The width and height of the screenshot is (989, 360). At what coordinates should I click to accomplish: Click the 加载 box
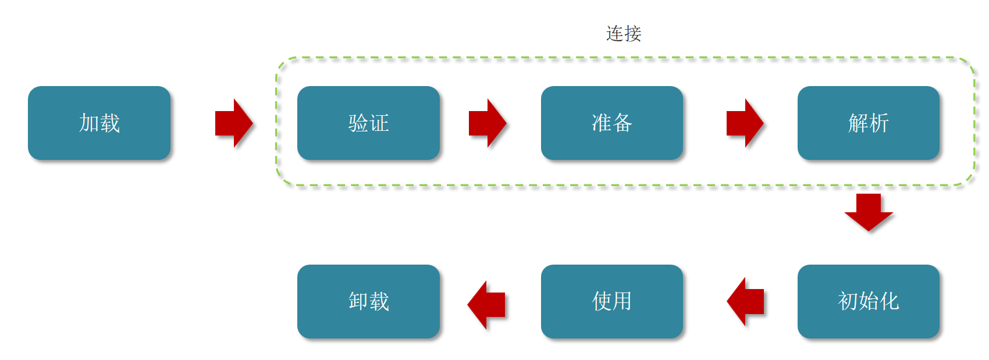(x=99, y=123)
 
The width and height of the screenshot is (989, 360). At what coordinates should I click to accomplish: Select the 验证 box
(x=369, y=123)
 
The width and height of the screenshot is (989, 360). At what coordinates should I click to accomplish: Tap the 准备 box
(x=612, y=123)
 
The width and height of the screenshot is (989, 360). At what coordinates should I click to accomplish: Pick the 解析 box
(x=869, y=123)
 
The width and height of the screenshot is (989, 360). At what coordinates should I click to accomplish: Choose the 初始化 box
(x=869, y=301)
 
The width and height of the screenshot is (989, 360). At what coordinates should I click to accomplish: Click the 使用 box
(x=612, y=301)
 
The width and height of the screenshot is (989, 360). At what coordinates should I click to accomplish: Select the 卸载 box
(x=369, y=301)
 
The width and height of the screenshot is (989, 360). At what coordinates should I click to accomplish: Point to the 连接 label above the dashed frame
(x=624, y=34)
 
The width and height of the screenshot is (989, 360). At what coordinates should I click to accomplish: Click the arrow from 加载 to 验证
(x=234, y=123)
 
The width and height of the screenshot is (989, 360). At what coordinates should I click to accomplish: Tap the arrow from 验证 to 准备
(x=488, y=123)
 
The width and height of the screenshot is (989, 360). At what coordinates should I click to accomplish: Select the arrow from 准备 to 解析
(x=745, y=123)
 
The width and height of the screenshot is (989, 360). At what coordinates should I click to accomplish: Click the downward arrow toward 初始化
(x=869, y=212)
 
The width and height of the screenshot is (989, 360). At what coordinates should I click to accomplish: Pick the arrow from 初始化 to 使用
(x=745, y=302)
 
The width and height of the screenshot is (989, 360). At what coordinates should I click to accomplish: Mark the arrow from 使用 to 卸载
(x=486, y=305)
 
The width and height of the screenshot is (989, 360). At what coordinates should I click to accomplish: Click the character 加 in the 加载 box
(x=89, y=123)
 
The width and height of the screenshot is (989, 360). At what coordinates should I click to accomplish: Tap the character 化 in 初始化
(x=890, y=301)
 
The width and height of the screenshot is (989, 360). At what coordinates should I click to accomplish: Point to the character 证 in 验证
(x=379, y=123)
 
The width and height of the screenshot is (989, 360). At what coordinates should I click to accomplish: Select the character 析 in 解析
(x=879, y=123)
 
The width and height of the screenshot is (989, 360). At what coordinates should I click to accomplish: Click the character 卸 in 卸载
(x=358, y=301)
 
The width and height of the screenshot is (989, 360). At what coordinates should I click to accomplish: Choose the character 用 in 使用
(x=622, y=301)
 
